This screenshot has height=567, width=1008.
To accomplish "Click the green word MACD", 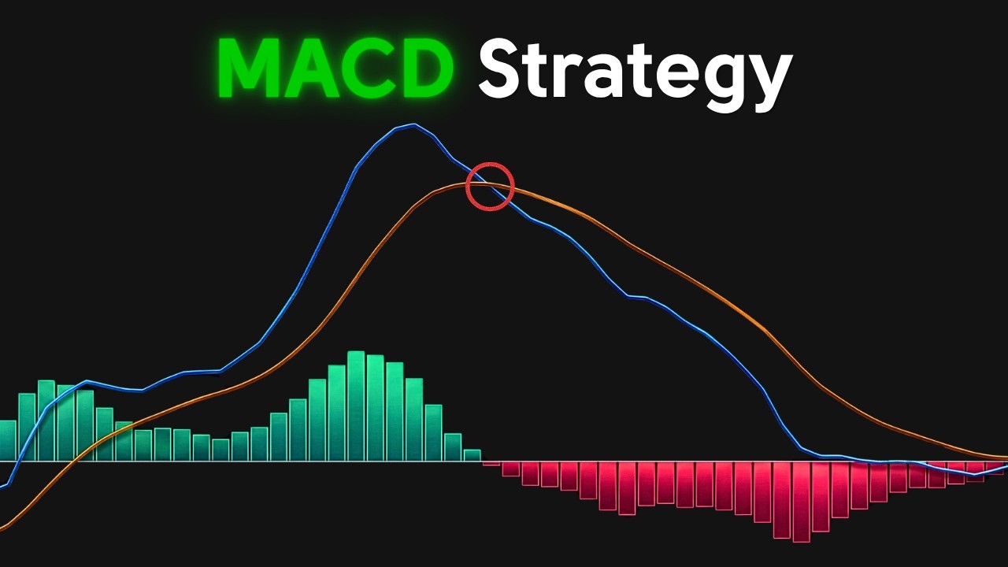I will point(335,69).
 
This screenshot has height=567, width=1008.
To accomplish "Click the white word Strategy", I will point(634,72).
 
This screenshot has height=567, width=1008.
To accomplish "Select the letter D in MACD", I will point(421,69).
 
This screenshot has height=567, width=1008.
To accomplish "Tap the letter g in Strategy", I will point(718,79).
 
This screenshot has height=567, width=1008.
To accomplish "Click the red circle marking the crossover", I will point(490,187).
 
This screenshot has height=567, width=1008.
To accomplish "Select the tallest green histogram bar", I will point(356,406).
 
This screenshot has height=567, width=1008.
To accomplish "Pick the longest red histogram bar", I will point(801,502).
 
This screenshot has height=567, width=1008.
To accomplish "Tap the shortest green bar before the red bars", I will point(472,455).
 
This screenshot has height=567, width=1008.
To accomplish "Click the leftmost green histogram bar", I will point(7,440).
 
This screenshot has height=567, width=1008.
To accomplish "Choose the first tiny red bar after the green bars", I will point(491,463).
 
